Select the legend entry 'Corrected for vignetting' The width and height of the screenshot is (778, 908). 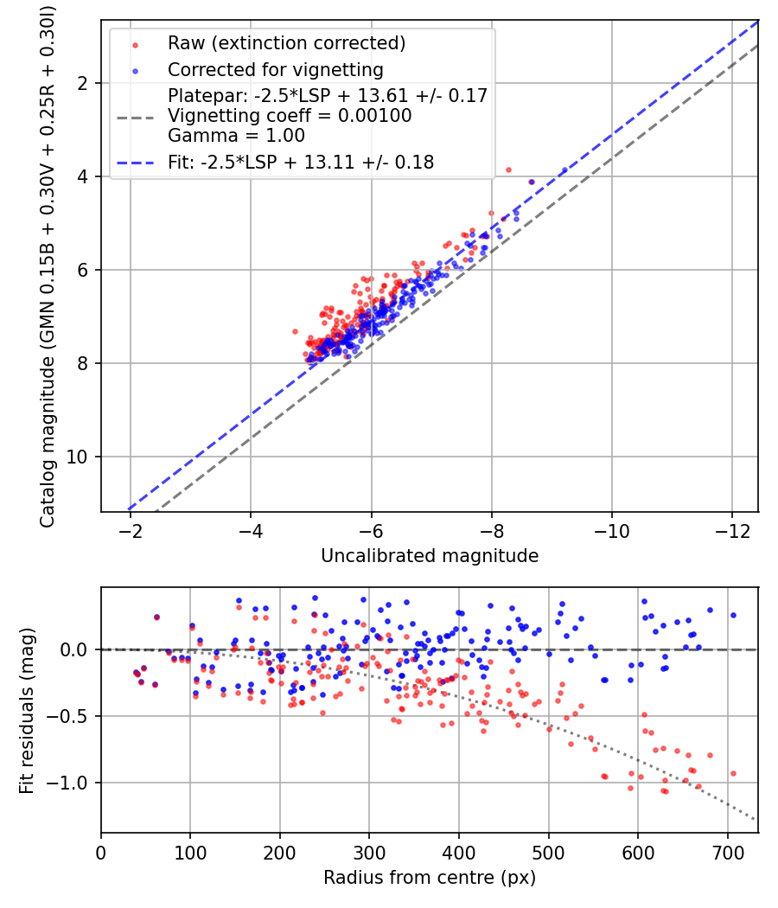tap(275, 69)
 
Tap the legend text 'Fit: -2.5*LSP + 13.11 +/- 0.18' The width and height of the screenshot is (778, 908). tap(300, 162)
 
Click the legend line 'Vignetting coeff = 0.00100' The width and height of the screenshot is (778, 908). tap(290, 116)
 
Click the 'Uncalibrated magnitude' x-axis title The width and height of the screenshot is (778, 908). tap(430, 556)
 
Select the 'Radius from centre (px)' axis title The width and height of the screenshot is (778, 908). tap(430, 878)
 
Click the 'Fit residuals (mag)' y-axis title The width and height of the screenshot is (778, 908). tap(27, 710)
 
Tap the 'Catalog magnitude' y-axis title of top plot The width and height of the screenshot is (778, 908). tap(48, 265)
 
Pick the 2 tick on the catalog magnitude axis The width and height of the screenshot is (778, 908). tap(85, 83)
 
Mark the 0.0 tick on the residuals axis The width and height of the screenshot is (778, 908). tap(78, 649)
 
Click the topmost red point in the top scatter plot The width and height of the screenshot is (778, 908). tap(508, 169)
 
